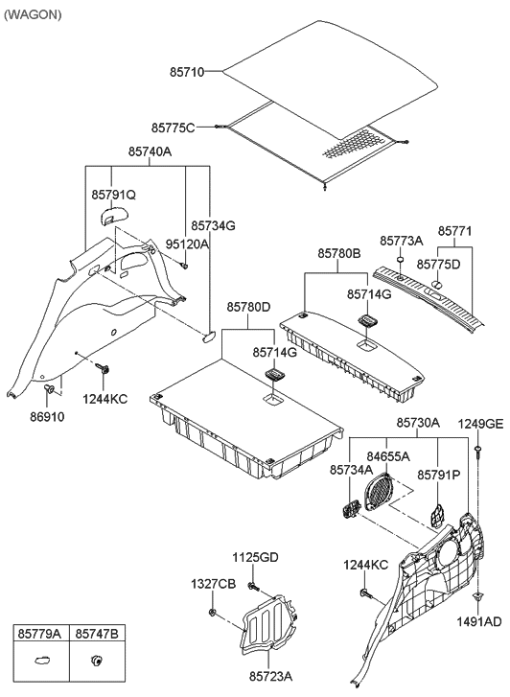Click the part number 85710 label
(187, 72)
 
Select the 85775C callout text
(173, 128)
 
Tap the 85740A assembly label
(151, 151)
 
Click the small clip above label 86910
(49, 389)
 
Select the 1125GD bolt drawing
(253, 587)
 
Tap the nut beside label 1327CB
(212, 613)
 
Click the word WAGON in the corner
(33, 14)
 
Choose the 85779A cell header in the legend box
(39, 634)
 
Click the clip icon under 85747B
(96, 661)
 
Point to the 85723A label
(270, 677)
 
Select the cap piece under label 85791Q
(111, 217)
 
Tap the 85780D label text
(248, 307)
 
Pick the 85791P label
(438, 476)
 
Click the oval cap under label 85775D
(437, 284)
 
